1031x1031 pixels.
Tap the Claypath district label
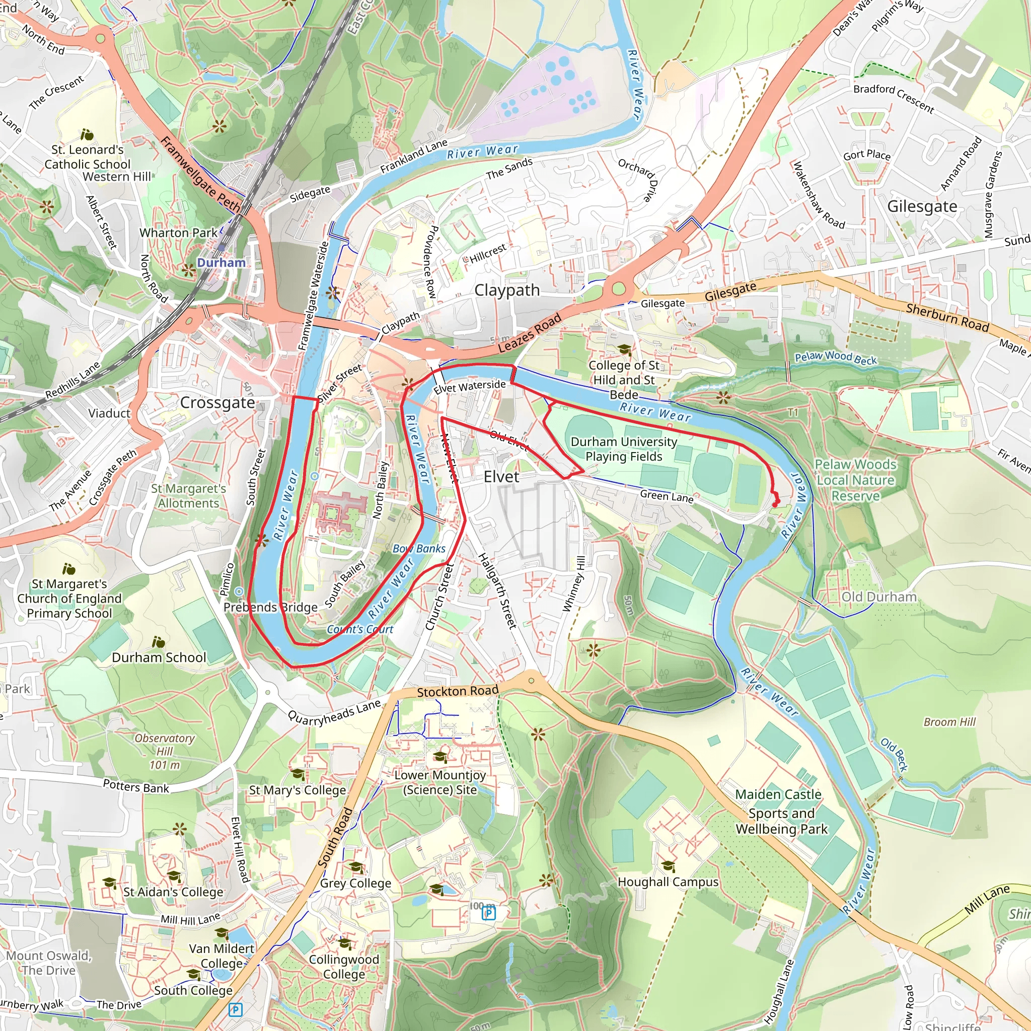tap(507, 290)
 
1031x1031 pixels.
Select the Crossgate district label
tap(217, 402)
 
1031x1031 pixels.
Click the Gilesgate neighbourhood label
tap(922, 206)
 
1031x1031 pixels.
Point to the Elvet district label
tap(501, 477)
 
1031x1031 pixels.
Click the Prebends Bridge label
tap(270, 607)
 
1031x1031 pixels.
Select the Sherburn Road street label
tap(947, 317)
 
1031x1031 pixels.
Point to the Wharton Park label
tap(178, 233)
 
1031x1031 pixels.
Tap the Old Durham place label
tap(879, 597)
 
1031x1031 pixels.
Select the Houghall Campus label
tap(668, 882)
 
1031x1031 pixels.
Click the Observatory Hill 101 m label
tap(164, 752)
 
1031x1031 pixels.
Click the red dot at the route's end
tap(775, 504)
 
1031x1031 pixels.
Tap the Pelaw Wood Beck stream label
tap(835, 358)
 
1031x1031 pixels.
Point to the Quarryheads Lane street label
tap(334, 712)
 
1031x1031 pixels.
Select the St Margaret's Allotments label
tap(188, 496)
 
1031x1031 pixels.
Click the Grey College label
tap(355, 883)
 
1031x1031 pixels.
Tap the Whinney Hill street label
tap(574, 584)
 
